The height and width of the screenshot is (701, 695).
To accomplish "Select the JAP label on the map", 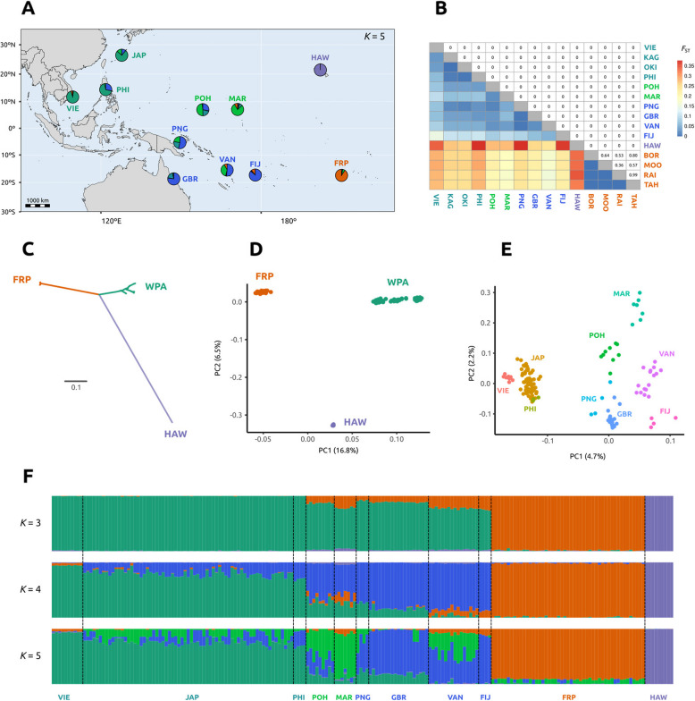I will [138, 55].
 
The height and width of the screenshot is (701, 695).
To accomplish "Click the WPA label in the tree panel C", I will [157, 287].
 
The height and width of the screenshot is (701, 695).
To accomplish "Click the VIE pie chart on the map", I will [72, 97].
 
